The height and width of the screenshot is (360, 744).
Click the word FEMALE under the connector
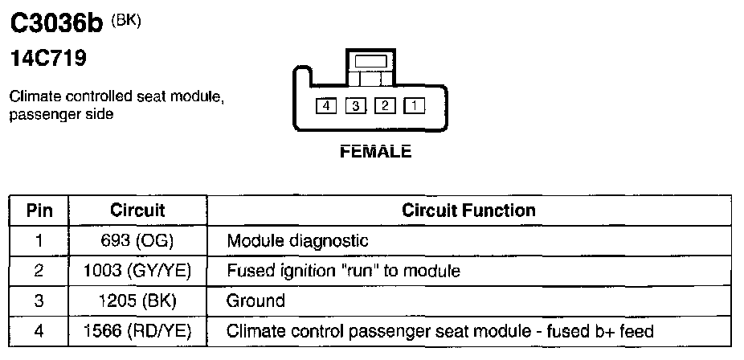[376, 152]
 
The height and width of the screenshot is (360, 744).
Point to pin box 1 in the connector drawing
[414, 105]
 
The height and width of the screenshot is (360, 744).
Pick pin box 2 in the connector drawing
[385, 105]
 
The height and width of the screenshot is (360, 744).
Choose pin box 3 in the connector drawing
[356, 105]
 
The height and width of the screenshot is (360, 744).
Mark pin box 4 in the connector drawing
[326, 105]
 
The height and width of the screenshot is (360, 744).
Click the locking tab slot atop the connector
[370, 60]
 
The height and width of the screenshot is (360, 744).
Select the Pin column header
[39, 211]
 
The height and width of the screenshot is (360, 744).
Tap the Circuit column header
[137, 211]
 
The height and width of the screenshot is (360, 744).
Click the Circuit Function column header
[468, 211]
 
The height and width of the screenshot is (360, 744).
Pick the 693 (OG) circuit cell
[137, 240]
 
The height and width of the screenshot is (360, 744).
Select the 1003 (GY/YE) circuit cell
[137, 271]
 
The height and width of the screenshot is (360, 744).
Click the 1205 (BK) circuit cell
[137, 301]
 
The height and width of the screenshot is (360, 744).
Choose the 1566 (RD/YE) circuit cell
[137, 330]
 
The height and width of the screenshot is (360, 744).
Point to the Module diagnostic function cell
[297, 240]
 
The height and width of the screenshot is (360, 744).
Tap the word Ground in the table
[255, 301]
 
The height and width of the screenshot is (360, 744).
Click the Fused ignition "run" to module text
[343, 271]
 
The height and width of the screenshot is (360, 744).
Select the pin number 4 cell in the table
[39, 330]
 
